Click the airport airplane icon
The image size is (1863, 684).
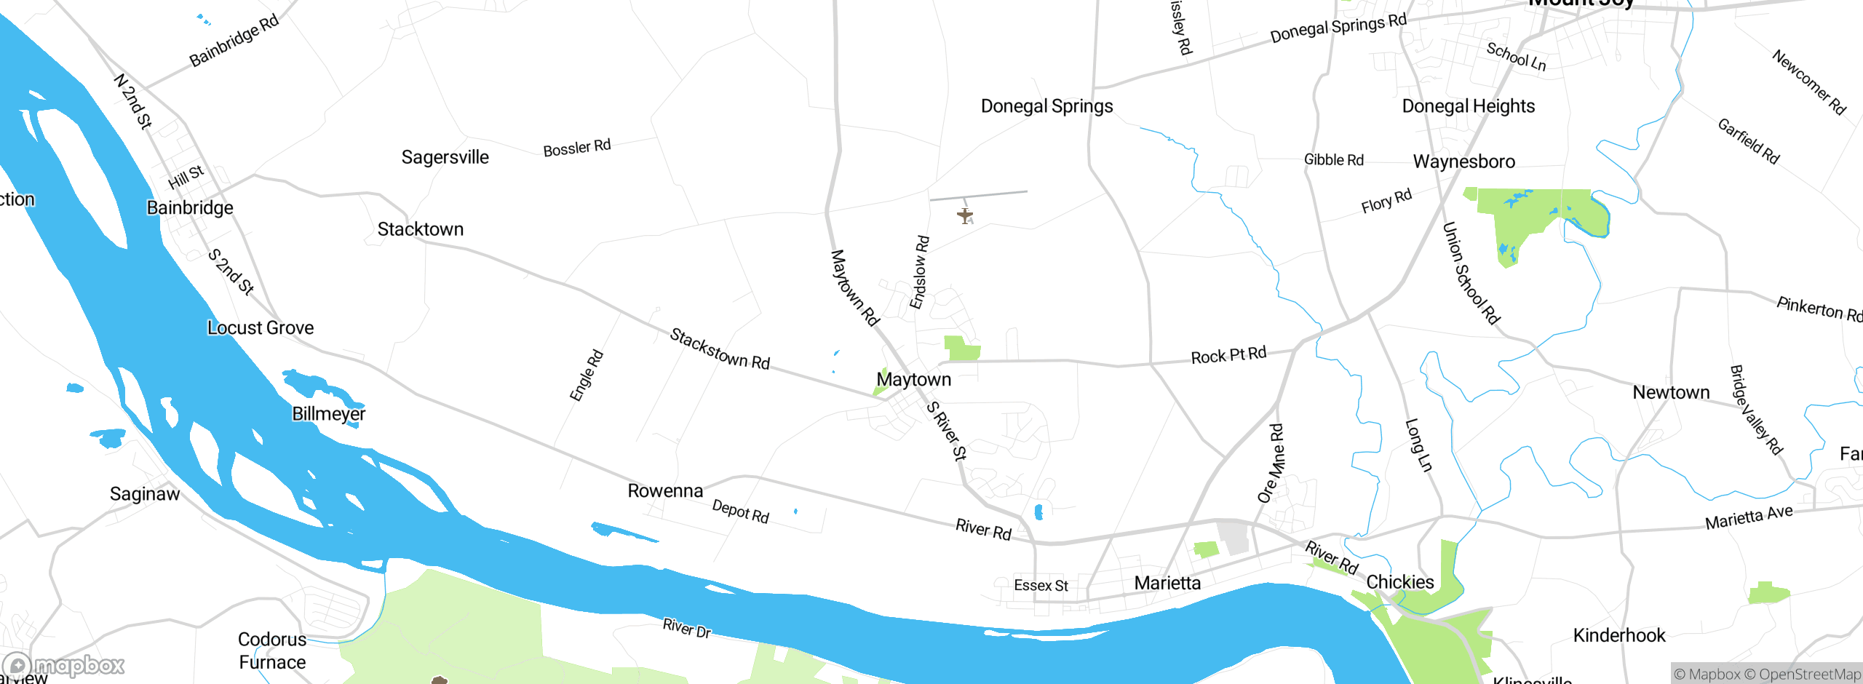click(x=965, y=215)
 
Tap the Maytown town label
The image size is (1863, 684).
click(x=913, y=379)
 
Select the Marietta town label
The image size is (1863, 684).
click(x=1167, y=583)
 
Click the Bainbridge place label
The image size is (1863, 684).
click(x=190, y=208)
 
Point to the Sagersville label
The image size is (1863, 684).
click(x=445, y=157)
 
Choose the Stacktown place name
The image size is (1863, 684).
click(x=420, y=229)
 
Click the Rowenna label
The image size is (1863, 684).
click(x=665, y=491)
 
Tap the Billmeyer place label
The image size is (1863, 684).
click(x=328, y=414)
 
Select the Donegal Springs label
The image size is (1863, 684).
click(x=1046, y=106)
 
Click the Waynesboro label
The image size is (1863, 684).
click(x=1463, y=162)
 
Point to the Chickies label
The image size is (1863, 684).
click(x=1399, y=582)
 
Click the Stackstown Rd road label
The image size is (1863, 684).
click(x=719, y=349)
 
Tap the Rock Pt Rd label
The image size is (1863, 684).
click(x=1228, y=356)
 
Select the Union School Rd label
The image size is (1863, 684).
click(x=1471, y=274)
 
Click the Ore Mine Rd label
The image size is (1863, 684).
click(x=1271, y=464)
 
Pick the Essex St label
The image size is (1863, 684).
click(x=1041, y=586)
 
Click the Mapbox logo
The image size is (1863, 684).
click(x=64, y=665)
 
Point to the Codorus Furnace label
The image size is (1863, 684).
click(x=272, y=651)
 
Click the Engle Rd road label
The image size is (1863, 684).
click(x=586, y=376)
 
